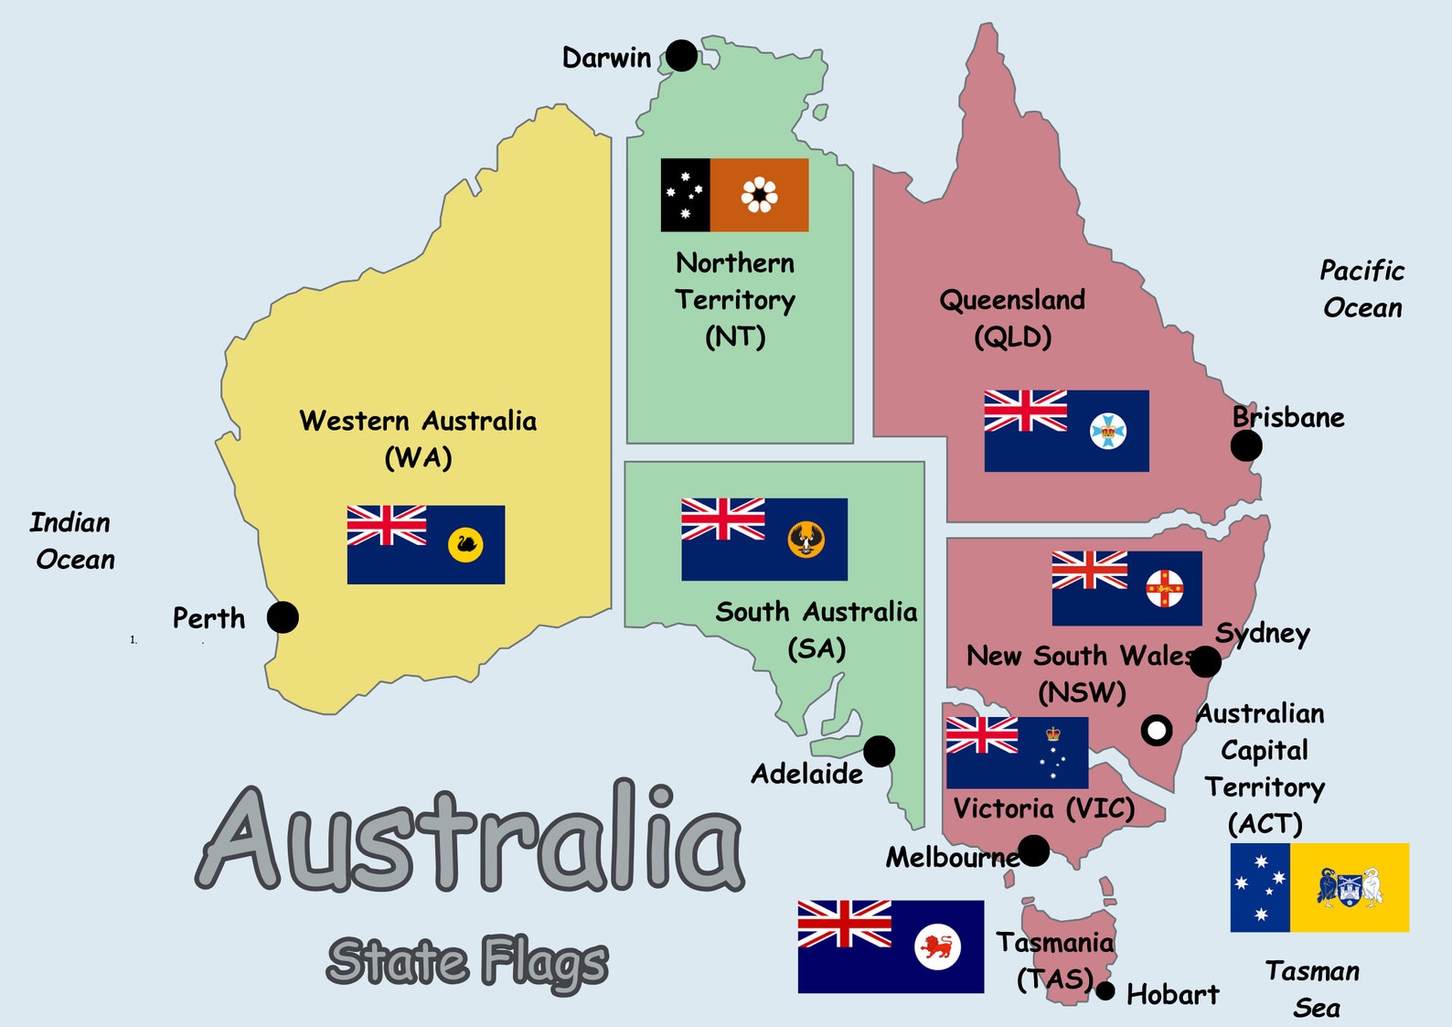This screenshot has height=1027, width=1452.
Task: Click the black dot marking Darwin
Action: (x=681, y=56)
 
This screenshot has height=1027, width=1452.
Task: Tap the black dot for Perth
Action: (x=283, y=617)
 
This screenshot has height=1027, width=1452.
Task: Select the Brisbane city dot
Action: (x=1246, y=446)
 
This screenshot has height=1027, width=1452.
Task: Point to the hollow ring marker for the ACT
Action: (x=1157, y=730)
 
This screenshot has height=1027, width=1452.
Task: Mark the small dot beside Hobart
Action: (x=1105, y=991)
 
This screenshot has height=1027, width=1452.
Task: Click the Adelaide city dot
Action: (x=879, y=752)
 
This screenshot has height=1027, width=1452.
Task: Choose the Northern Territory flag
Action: (x=734, y=195)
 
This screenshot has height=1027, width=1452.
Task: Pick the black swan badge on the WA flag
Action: (x=465, y=545)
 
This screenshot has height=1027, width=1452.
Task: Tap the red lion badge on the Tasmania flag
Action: (x=937, y=947)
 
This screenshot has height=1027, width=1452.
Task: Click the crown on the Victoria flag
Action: (x=1053, y=733)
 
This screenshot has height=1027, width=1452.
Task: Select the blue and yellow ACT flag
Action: (x=1319, y=887)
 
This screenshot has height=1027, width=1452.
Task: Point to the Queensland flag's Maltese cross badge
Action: (x=1108, y=431)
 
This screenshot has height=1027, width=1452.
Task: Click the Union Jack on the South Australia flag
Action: (x=722, y=519)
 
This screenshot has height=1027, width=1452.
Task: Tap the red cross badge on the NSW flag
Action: (x=1165, y=588)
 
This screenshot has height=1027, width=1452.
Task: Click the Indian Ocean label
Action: (x=72, y=540)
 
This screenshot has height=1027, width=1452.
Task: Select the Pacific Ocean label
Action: (x=1361, y=289)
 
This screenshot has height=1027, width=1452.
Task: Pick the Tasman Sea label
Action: (x=1314, y=989)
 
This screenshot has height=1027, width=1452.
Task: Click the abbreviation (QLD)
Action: (x=1012, y=337)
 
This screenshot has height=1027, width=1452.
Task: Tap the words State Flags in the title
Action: (x=467, y=962)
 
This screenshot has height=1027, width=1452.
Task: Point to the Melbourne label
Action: (x=952, y=857)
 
